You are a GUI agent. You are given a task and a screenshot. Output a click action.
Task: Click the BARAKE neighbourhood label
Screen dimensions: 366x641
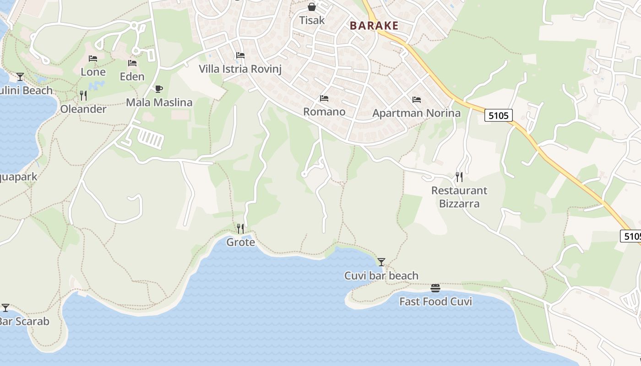(x=374, y=26)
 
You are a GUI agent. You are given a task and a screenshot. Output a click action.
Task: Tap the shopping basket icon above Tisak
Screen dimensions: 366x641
(x=312, y=7)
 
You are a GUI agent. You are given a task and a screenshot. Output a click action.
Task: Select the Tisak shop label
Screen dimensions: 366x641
(x=312, y=20)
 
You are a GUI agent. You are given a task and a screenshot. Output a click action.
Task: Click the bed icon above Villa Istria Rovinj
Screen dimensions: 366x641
(x=240, y=55)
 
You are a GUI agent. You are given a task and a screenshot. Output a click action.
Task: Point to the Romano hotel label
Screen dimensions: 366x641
(x=324, y=112)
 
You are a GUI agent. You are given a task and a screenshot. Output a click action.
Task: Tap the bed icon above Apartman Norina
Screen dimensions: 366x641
(x=416, y=99)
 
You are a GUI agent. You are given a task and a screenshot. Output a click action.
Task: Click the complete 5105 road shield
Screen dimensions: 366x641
(x=498, y=116)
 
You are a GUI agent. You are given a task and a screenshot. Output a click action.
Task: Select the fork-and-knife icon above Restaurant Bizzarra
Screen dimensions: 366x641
(x=459, y=177)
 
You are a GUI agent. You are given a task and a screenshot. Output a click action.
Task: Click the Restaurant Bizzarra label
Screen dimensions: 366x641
(x=459, y=197)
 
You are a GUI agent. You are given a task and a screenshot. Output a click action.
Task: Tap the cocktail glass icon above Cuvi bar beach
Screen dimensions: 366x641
(x=381, y=262)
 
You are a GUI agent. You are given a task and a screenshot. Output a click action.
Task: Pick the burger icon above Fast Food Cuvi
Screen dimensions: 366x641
(x=435, y=288)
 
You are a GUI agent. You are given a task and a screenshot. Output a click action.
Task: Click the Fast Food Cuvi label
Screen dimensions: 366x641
(x=435, y=301)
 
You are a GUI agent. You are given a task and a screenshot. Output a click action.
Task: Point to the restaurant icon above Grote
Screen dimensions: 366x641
(x=240, y=228)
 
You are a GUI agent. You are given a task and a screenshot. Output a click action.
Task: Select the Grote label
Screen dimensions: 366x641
(x=240, y=242)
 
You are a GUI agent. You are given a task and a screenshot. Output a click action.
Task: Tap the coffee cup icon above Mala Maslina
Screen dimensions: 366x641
(x=159, y=89)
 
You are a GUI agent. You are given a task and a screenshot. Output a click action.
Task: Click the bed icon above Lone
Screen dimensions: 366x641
(x=93, y=59)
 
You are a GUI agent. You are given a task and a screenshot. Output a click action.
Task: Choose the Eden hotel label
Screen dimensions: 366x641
(x=132, y=76)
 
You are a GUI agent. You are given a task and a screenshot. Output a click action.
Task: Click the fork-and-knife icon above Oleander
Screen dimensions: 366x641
(x=83, y=95)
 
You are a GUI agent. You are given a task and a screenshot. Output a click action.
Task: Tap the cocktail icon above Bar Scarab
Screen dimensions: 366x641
(x=5, y=308)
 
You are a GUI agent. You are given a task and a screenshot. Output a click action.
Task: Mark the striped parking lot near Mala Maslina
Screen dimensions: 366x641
(x=151, y=138)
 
